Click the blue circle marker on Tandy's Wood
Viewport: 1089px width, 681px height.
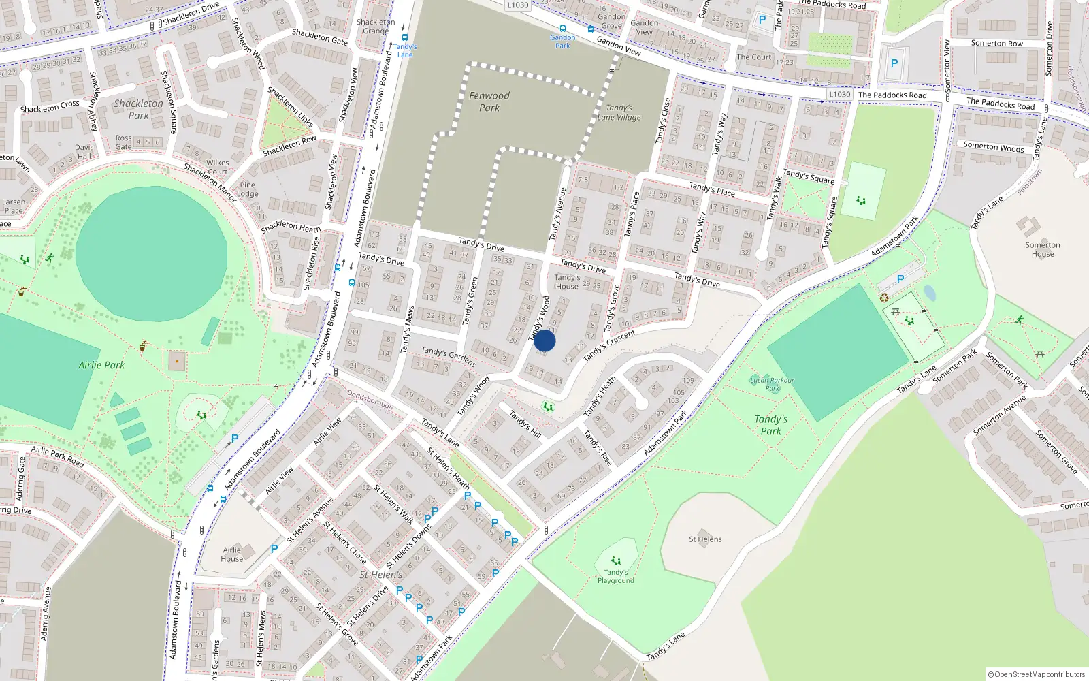pos(544,340)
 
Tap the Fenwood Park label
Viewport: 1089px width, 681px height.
pos(489,101)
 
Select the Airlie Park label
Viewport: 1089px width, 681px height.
pos(101,365)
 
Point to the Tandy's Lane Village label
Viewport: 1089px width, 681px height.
pos(619,112)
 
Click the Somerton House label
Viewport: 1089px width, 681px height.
pos(1042,249)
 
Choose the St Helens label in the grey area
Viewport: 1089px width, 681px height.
pos(705,539)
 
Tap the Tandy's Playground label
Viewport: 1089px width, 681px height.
pos(615,576)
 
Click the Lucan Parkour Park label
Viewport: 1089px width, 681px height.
pos(772,384)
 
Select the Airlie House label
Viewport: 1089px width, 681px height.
pos(231,554)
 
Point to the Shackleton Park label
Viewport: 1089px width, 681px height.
pos(138,109)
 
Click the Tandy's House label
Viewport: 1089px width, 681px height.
pos(566,282)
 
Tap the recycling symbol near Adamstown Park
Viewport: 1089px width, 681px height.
pos(884,298)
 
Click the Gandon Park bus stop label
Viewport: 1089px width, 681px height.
pos(562,42)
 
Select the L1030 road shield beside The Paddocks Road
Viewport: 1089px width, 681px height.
pos(839,95)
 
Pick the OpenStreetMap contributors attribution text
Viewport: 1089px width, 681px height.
pos(1037,674)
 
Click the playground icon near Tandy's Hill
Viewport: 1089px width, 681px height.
pos(547,407)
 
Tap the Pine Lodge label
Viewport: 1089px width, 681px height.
pos(247,189)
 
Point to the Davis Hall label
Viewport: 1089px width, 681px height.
pos(84,151)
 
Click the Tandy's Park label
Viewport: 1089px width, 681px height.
pos(770,425)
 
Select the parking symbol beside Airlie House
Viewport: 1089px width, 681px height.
pos(274,548)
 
